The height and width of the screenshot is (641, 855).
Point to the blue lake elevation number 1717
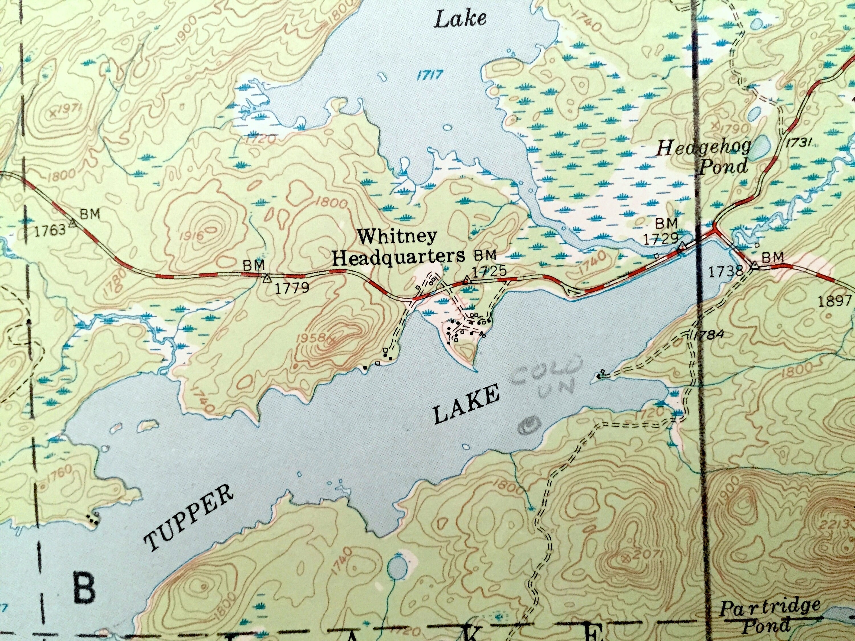click(429, 75)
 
